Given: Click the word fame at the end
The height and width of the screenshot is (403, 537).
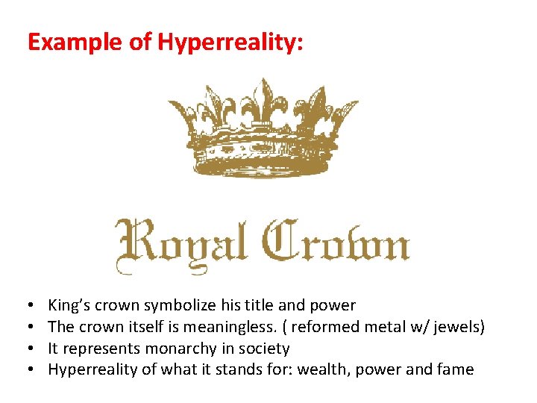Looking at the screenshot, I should tap(456, 369).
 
